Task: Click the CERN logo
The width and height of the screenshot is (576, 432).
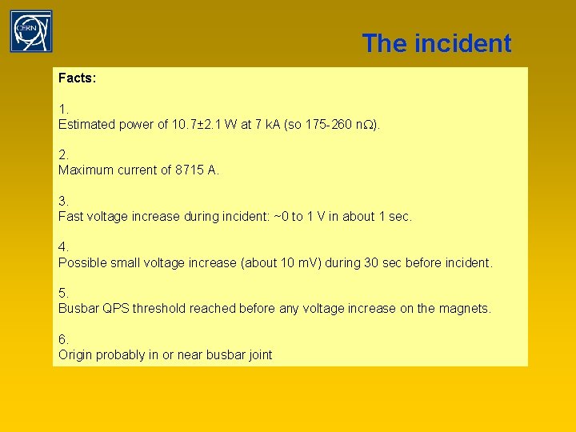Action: (31, 31)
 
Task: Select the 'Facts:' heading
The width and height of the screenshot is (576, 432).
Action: (77, 78)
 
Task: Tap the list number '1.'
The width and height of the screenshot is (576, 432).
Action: (63, 109)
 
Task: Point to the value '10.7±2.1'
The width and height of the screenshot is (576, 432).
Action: (194, 124)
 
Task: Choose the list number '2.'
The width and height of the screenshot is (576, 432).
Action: (63, 154)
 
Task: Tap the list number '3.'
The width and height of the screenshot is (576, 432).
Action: (63, 201)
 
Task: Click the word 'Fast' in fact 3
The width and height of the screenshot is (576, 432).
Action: (70, 216)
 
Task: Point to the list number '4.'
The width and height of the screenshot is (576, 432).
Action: (63, 247)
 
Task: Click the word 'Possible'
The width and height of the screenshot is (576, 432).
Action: (83, 262)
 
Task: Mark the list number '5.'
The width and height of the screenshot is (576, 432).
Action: (63, 293)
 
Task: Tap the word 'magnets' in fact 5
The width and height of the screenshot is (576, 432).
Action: (464, 308)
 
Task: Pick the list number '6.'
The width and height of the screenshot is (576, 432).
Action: (63, 339)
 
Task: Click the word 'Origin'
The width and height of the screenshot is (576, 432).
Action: (75, 354)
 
